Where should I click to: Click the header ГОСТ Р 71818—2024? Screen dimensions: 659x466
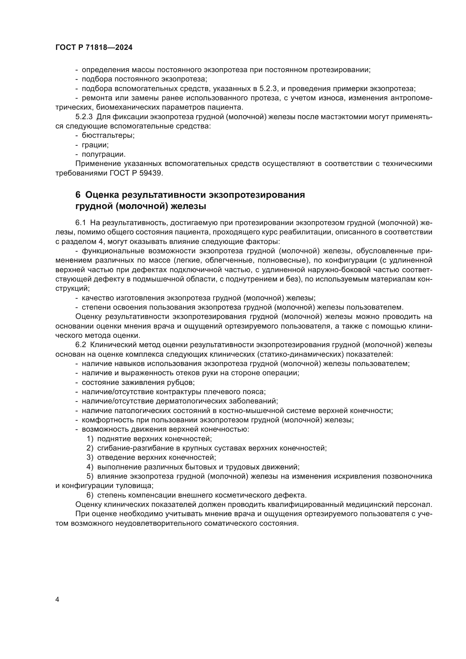(94, 48)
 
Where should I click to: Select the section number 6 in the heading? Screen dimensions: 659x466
(78, 195)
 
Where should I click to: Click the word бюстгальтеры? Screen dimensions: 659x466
(108, 135)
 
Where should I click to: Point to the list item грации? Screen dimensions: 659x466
(95, 145)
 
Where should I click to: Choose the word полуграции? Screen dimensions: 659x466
(104, 154)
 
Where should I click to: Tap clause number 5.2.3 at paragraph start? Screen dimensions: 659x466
(84, 117)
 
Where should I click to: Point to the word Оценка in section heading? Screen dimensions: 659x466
(102, 195)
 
